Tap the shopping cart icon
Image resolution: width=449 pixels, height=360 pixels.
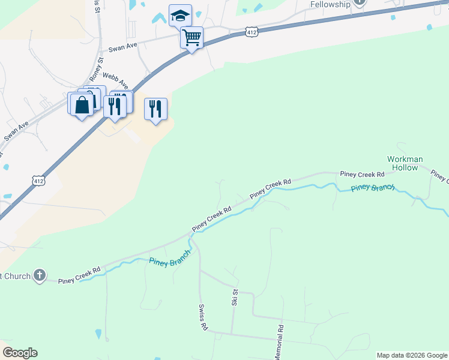click(191, 38)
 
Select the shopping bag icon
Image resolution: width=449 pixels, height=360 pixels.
click(82, 105)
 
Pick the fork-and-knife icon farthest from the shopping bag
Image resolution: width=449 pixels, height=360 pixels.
click(155, 109)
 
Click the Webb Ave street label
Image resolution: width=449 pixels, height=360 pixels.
click(115, 79)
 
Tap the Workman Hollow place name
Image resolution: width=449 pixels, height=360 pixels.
click(405, 163)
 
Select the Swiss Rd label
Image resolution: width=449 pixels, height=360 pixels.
click(203, 317)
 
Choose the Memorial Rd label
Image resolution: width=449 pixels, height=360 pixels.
click(279, 343)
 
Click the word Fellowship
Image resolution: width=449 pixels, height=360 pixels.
click(330, 4)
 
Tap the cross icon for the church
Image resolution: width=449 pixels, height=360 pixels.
click(39, 275)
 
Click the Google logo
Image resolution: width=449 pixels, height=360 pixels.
click(20, 353)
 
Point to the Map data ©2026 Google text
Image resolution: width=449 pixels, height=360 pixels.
click(412, 355)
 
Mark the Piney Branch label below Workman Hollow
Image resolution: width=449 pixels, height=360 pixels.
click(373, 188)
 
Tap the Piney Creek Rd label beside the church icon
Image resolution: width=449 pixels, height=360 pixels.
click(79, 275)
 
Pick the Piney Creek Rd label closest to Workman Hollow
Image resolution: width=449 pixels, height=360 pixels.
click(362, 174)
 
